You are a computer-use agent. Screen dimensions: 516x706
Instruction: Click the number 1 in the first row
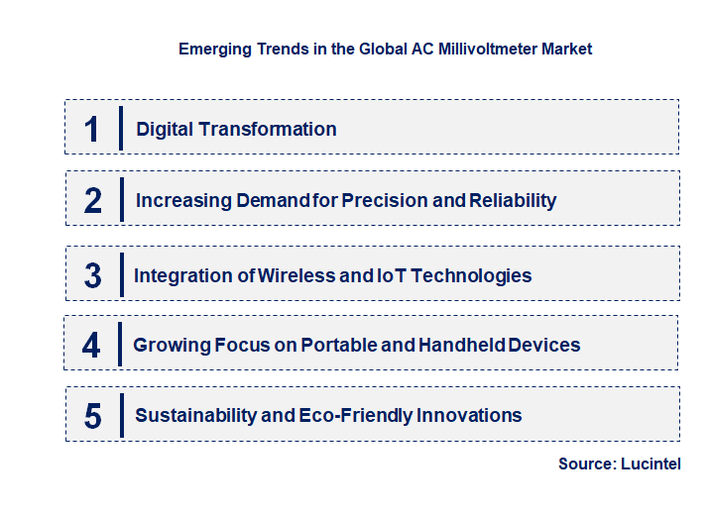(x=91, y=129)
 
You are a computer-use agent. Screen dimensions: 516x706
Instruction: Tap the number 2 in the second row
(x=92, y=200)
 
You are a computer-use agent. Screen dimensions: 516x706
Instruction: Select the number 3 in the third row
(x=92, y=275)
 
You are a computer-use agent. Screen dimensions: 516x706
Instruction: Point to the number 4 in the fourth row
(x=91, y=345)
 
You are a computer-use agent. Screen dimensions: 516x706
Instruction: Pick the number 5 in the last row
(x=92, y=416)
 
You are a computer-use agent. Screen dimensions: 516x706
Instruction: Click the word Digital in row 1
(x=165, y=129)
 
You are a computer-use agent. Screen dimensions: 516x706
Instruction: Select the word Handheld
(x=458, y=345)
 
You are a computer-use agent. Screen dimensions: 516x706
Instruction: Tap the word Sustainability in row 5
(x=194, y=415)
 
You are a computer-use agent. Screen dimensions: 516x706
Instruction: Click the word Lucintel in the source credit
(x=652, y=464)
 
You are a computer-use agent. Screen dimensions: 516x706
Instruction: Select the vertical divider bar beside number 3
(x=120, y=272)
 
